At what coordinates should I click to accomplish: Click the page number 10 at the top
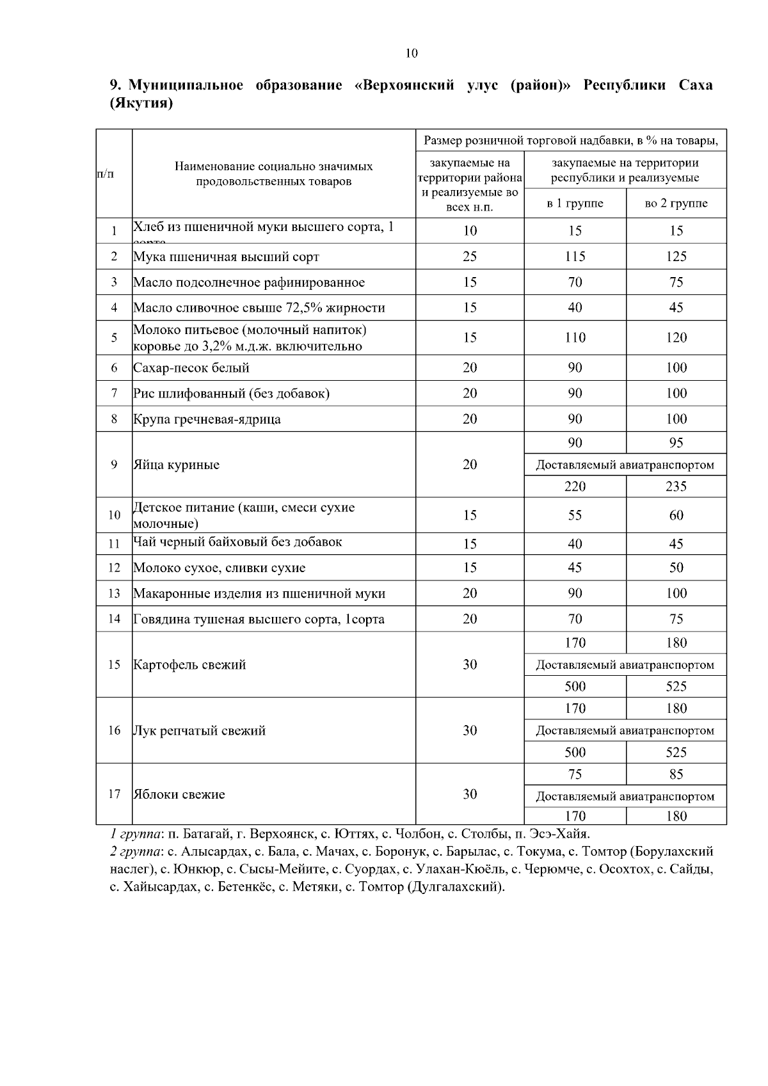coord(411,53)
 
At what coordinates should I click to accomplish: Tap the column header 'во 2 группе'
coord(676,204)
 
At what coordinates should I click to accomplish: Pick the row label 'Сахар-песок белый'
coord(191,368)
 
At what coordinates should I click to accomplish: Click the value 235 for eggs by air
coord(676,486)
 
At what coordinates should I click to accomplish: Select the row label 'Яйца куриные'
coord(176,465)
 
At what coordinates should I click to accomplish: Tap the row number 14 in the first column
coord(114,619)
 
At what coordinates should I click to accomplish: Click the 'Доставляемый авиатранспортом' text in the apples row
coord(625,796)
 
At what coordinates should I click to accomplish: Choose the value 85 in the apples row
coord(676,774)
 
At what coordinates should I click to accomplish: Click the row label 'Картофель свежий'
coord(189,664)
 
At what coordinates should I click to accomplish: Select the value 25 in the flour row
coord(469,257)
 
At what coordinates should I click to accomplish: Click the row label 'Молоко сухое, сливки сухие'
coord(220,568)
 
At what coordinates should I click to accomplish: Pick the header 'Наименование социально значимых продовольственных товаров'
coord(273,173)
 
